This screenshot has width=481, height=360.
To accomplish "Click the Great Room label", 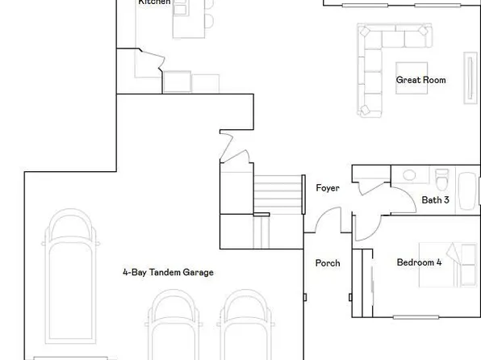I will [x=420, y=80].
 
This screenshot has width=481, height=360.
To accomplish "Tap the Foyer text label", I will [x=327, y=188].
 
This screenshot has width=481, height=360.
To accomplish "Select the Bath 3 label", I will [x=435, y=199].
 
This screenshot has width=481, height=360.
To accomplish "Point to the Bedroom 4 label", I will [x=419, y=262].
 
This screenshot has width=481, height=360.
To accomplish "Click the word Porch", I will [x=327, y=263].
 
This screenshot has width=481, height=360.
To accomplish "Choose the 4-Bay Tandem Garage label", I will [x=168, y=273].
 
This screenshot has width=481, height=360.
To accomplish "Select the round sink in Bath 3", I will [x=409, y=174].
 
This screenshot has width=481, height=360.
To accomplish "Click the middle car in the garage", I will [x=172, y=327].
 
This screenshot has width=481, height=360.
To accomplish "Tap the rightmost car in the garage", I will [x=244, y=327].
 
